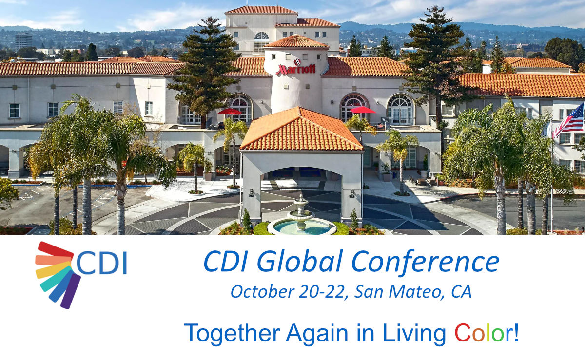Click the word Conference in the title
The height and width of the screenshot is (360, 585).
[x=426, y=262]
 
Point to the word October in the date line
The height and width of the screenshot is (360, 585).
[x=262, y=292]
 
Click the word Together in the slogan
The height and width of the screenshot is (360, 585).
[x=232, y=334]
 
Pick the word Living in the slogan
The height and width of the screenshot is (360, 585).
[x=414, y=334]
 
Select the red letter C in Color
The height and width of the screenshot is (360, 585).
[x=463, y=333]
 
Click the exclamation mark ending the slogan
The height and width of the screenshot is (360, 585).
[x=516, y=333]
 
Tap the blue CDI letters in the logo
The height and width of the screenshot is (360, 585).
[x=101, y=263]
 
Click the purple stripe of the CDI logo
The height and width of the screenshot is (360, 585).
[x=71, y=291]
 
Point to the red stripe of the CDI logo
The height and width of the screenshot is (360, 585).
[x=55, y=249]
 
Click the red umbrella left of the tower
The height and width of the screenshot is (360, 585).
[x=229, y=112]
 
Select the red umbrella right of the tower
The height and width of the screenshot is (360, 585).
[x=363, y=110]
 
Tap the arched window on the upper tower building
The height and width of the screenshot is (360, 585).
[x=261, y=42]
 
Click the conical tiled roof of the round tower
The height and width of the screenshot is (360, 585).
[x=296, y=41]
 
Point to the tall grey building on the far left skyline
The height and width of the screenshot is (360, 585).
[x=23, y=41]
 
